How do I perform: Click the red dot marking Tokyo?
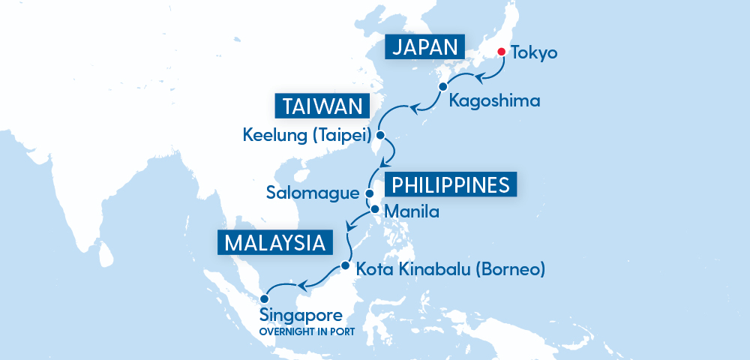pos(502,52)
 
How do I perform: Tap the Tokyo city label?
pos(534,53)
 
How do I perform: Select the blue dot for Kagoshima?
pos(442,86)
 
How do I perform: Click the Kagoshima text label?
pos(493,100)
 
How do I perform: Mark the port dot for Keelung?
pos(379,136)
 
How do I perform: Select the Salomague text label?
pos(313,193)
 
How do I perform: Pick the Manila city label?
pos(410,212)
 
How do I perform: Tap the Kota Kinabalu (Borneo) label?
pos(450,268)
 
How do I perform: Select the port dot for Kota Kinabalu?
pos(345,265)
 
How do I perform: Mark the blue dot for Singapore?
pos(263,298)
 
